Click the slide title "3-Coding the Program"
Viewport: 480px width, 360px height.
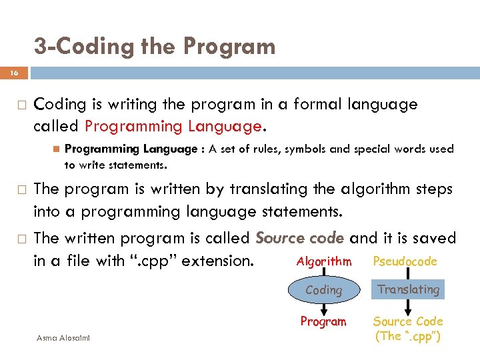tap(154, 46)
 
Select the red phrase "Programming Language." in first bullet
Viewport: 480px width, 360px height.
tap(175, 126)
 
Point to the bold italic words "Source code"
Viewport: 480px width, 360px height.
tap(299, 238)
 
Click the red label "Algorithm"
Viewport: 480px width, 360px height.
tap(323, 261)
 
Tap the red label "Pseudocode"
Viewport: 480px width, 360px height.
tap(405, 261)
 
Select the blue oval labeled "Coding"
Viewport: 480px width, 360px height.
tap(323, 290)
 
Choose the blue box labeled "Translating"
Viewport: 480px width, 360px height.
tap(408, 289)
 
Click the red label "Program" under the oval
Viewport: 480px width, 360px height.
tap(323, 321)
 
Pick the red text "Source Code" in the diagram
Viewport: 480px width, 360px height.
tap(407, 321)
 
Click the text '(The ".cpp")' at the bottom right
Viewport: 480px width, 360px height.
tap(407, 336)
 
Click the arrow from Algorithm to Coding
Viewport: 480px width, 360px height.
tap(323, 273)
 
